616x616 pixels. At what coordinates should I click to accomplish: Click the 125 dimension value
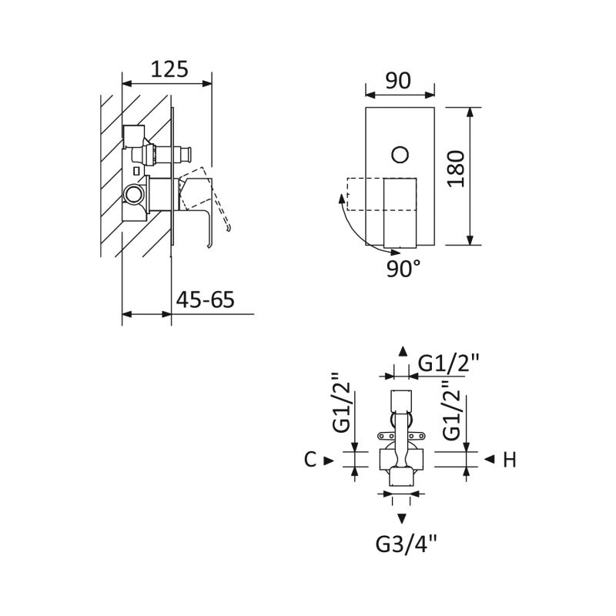(169, 69)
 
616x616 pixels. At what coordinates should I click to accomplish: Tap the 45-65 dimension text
(205, 300)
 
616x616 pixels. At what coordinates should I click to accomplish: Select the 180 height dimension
(456, 169)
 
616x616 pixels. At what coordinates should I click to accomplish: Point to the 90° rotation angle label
(403, 269)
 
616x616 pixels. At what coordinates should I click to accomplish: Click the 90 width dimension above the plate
(398, 81)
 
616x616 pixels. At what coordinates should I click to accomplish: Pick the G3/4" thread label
(407, 544)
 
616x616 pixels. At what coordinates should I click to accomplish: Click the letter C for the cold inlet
(310, 459)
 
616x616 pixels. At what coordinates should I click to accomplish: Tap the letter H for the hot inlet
(510, 460)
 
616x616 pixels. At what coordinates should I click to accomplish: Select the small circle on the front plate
(400, 155)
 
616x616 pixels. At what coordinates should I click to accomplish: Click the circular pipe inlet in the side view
(132, 194)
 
